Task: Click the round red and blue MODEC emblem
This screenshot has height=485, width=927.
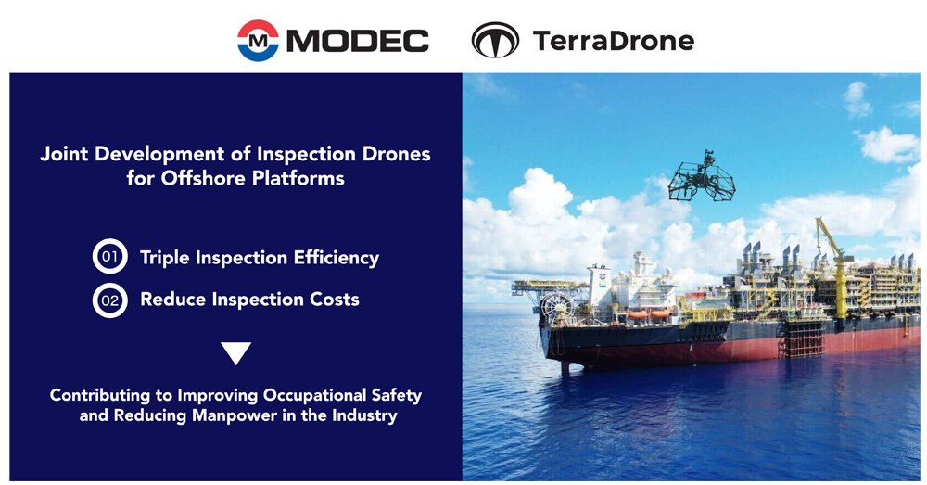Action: point(258,41)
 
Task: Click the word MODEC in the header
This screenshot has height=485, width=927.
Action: point(358,42)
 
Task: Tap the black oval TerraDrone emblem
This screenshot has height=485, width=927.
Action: point(495,40)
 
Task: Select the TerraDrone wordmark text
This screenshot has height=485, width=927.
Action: point(614,41)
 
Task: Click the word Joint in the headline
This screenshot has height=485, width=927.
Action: point(65,154)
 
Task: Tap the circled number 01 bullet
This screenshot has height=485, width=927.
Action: point(110,256)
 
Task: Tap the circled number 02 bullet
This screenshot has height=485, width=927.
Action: point(110,300)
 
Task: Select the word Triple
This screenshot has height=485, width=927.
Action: point(165,258)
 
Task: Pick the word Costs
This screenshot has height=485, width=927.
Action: point(336,300)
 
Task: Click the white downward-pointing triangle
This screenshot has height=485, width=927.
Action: point(235,353)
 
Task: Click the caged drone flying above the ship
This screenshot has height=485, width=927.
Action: point(703,176)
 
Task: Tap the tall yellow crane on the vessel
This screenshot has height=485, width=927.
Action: point(835,272)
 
